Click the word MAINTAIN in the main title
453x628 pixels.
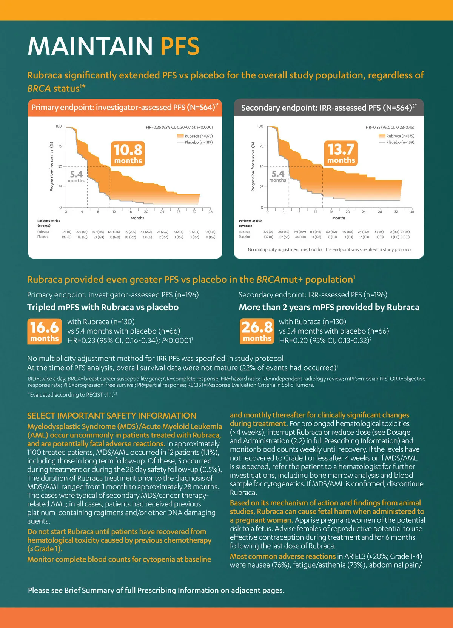pos(90,46)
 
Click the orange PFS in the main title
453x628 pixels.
pos(180,46)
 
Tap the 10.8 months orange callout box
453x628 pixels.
pos(128,154)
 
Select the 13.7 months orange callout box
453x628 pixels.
pos(341,153)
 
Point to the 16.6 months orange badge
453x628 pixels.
pos(45,331)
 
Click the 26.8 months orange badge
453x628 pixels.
pos(257,331)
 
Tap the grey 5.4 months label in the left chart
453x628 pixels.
pos(76,176)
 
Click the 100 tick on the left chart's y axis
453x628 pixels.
pos(59,126)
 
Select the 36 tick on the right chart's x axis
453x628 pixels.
pos(412,212)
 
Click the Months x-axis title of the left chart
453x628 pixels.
pos(137,218)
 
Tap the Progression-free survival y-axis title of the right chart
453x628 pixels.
pos(253,166)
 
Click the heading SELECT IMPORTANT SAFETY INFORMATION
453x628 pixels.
pos(111,416)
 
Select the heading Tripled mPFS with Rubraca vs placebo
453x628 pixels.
pos(103,307)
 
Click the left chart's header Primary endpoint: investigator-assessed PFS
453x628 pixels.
pos(125,108)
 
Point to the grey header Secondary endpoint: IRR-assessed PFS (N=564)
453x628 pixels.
pos(328,108)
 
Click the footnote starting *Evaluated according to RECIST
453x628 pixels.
pos(72,395)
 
